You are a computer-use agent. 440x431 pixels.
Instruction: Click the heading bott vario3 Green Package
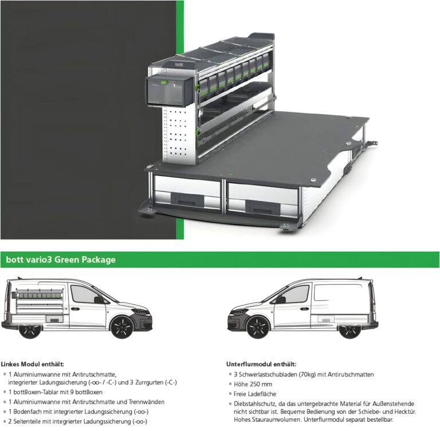click(61, 260)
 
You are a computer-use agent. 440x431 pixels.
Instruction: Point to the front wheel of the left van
click(121, 327)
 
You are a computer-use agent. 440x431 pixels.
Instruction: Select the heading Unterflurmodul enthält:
click(261, 364)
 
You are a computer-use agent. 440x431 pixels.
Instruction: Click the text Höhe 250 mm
click(254, 383)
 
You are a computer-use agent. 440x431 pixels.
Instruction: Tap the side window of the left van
click(84, 295)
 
